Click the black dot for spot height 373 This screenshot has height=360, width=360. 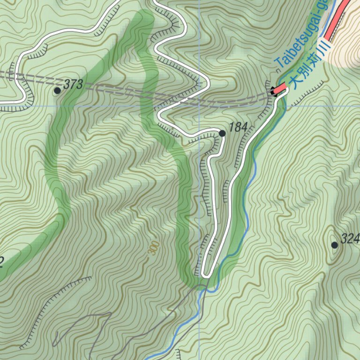(57, 90)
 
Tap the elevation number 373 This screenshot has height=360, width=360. (73, 85)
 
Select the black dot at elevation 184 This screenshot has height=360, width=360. (222, 134)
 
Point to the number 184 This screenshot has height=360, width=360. (238, 127)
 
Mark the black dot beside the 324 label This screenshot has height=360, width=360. (335, 245)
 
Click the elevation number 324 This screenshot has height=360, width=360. (350, 240)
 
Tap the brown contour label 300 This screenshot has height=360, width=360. (152, 248)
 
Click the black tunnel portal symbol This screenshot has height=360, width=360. (273, 91)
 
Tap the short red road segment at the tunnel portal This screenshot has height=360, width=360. (280, 88)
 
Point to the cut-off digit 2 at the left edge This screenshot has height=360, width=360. (1, 262)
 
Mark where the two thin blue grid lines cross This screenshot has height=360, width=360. (199, 106)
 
